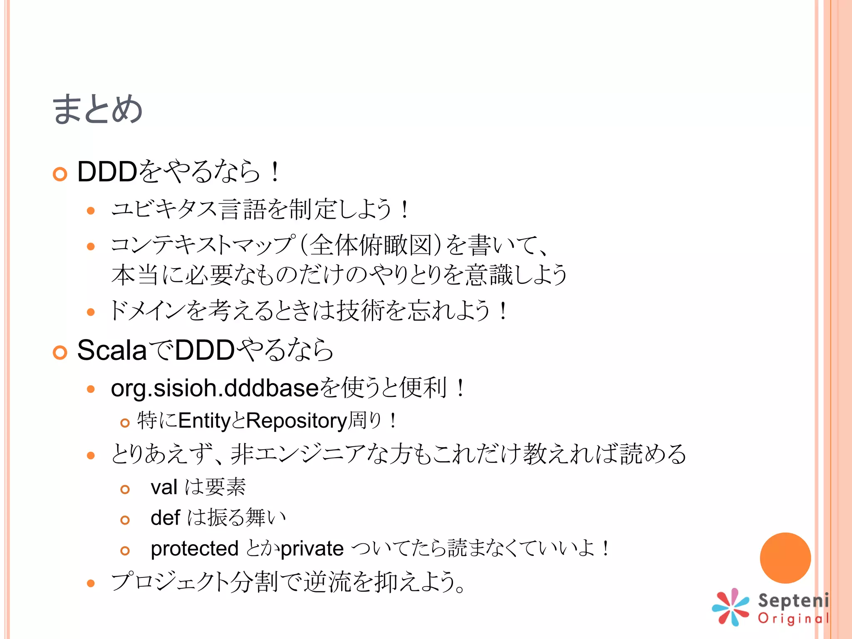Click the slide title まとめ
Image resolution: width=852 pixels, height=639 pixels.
coord(97,109)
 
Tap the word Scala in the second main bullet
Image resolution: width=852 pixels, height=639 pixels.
coord(112,350)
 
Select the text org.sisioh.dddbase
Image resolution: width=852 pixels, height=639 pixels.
coord(214,388)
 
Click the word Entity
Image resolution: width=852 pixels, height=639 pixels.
coord(204,421)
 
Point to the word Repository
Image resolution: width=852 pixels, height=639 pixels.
coord(296,421)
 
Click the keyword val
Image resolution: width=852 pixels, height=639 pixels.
coord(164,487)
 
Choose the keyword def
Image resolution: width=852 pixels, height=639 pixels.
coord(165,518)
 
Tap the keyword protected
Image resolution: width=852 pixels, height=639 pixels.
coord(194,549)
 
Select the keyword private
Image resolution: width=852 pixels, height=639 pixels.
coord(312,549)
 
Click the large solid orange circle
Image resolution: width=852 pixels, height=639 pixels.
coord(785,558)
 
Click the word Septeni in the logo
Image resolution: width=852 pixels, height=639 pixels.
coord(793,601)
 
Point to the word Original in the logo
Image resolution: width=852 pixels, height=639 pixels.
coord(793,619)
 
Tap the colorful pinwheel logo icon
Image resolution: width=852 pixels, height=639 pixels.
coord(731,607)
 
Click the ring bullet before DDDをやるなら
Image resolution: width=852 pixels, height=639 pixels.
coord(60,174)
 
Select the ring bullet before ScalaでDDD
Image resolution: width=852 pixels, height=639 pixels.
coord(60,353)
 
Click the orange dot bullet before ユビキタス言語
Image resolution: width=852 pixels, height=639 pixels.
coord(91,211)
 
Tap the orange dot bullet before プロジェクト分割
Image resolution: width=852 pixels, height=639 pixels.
coord(91,583)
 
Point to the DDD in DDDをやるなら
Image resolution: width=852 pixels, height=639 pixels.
coord(107,171)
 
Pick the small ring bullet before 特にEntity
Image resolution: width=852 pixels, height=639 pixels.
coord(125,423)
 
